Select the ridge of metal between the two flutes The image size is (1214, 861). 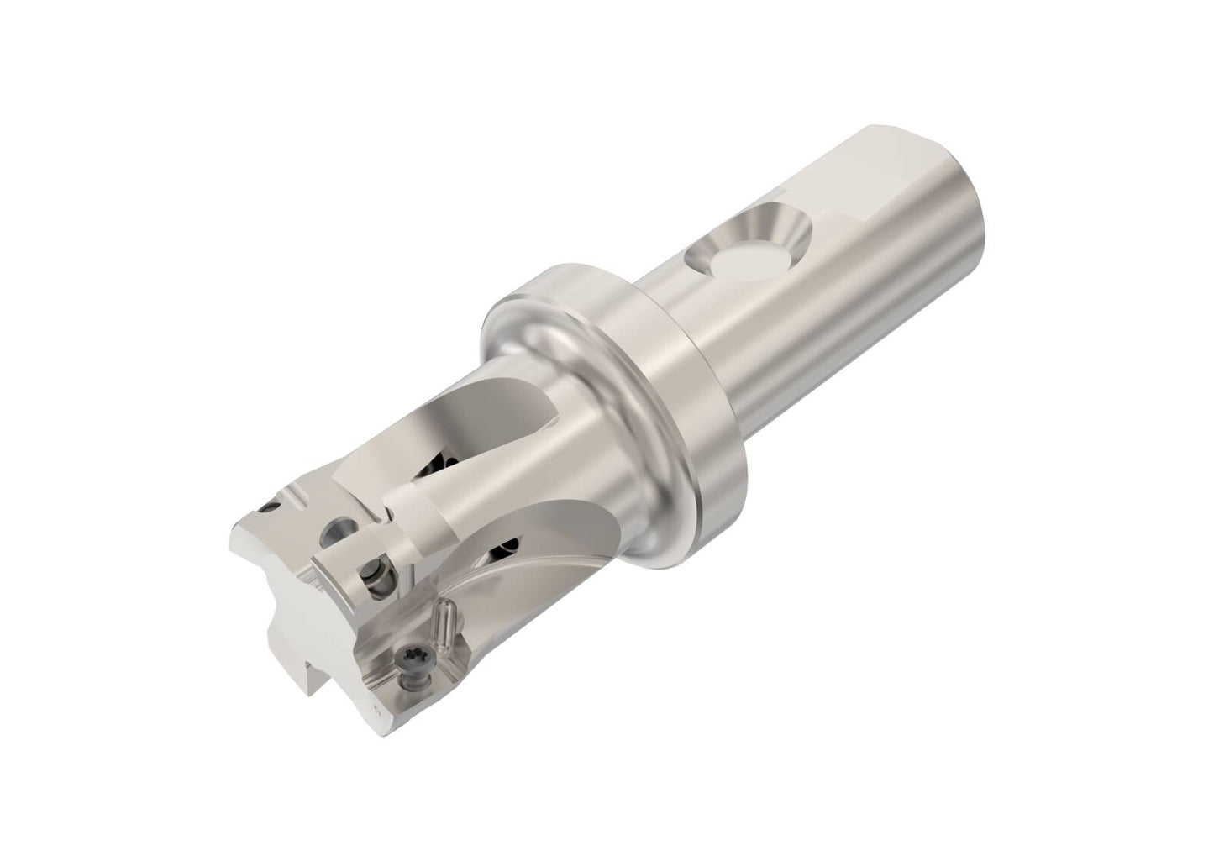tap(470, 504)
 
